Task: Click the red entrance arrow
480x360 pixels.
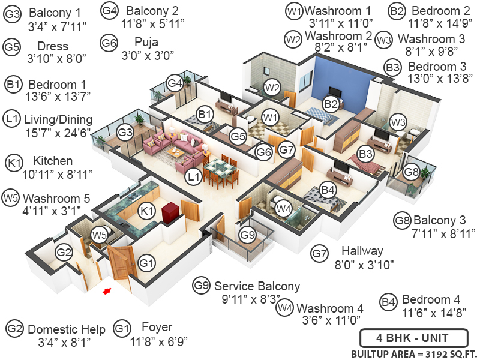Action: pos(107,291)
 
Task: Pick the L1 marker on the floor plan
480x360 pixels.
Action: pos(193,177)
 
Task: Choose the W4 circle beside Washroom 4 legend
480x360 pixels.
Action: pos(285,308)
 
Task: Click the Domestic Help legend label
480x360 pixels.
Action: pos(67,329)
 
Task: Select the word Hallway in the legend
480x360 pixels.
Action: pos(362,250)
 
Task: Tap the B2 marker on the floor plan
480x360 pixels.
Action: pos(331,103)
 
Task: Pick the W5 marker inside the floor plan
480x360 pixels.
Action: pos(98,235)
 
